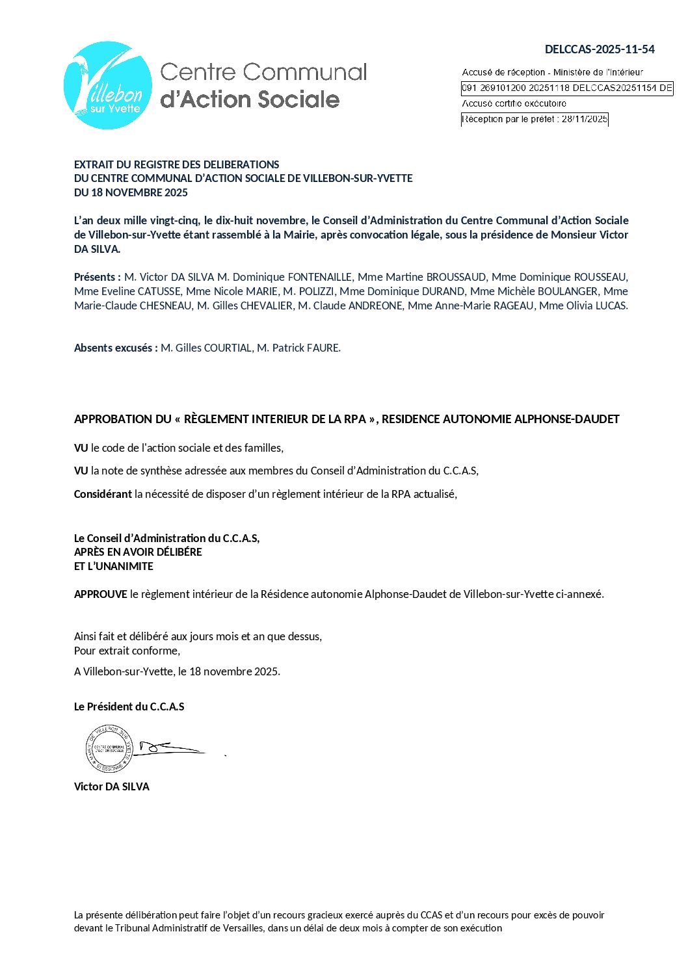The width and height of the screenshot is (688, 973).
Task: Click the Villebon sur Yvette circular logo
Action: click(108, 86)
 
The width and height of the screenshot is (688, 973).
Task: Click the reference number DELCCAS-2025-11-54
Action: click(600, 49)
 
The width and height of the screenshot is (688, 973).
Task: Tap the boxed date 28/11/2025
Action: click(584, 119)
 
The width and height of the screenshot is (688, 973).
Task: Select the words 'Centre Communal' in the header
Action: click(263, 72)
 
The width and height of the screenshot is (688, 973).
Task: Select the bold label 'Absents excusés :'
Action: click(116, 348)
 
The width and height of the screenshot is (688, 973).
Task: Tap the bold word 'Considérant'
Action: click(103, 494)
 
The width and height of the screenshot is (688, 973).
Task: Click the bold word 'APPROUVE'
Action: click(101, 594)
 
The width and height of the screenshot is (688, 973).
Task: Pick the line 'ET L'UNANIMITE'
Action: click(114, 566)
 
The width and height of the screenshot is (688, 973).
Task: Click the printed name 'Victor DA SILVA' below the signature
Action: click(112, 786)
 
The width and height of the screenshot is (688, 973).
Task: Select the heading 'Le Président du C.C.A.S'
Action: click(129, 707)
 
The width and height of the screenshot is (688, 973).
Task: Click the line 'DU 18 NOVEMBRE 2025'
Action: click(131, 192)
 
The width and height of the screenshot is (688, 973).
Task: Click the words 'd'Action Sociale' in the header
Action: click(250, 99)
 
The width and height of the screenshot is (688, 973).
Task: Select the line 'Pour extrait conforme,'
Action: click(127, 651)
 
